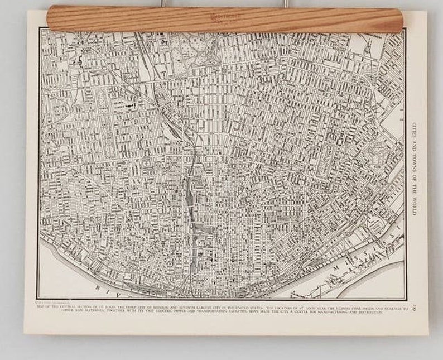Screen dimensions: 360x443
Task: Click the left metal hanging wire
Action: tap(163, 3)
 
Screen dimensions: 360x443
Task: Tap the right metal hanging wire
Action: tap(284, 3)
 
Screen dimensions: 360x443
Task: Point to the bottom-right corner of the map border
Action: tap(406, 299)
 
